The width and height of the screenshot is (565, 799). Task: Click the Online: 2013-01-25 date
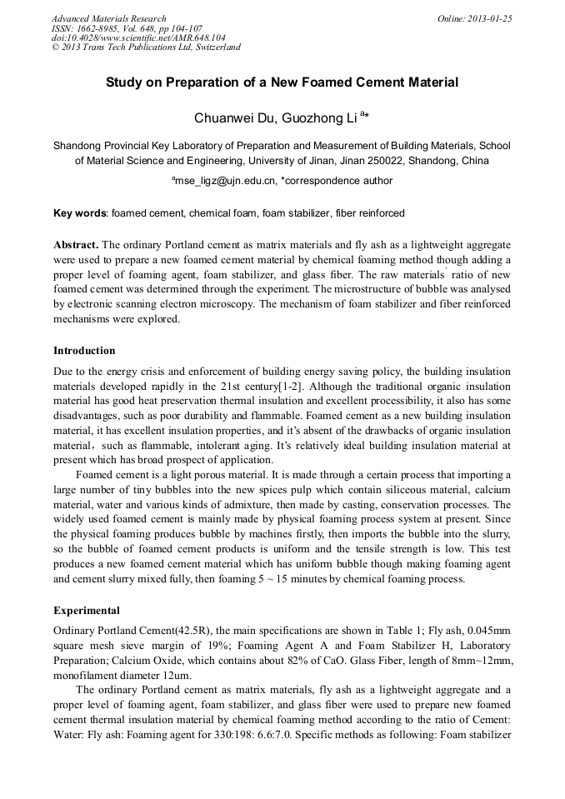pyautogui.click(x=474, y=18)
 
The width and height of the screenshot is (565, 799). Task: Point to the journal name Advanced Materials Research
pyautogui.click(x=108, y=18)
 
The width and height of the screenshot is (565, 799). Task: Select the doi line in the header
pyautogui.click(x=137, y=37)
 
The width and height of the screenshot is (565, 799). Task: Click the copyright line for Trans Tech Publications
pyautogui.click(x=146, y=47)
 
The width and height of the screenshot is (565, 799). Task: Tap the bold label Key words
pyautogui.click(x=80, y=213)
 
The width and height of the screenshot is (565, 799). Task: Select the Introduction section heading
pyautogui.click(x=84, y=351)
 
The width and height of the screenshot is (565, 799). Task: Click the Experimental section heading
pyautogui.click(x=86, y=611)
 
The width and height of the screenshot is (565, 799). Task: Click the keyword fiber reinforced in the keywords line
pyautogui.click(x=370, y=213)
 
